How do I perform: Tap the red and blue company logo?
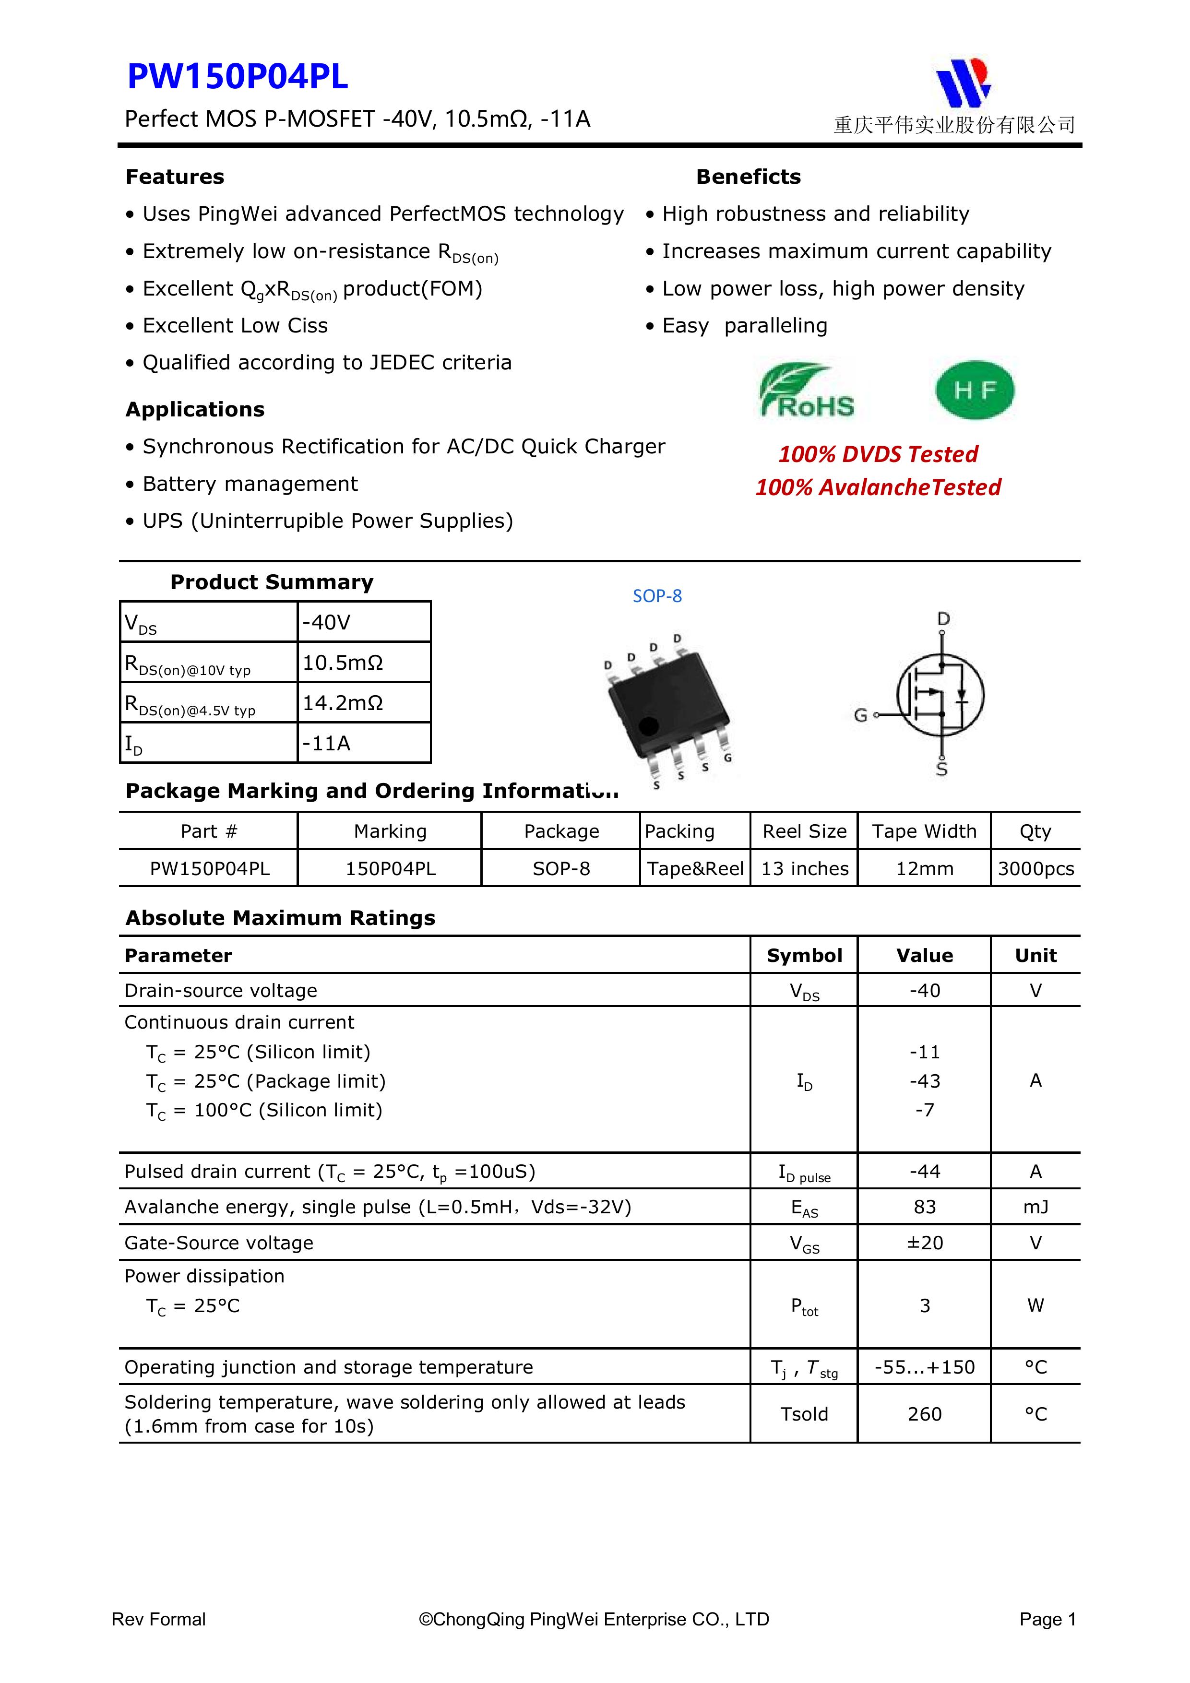(964, 83)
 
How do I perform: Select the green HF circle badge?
(975, 390)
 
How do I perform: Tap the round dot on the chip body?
(648, 726)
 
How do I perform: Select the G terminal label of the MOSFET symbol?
(861, 715)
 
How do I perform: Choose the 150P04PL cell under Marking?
(390, 869)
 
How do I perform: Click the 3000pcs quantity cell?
(1035, 869)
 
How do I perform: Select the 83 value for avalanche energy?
(925, 1207)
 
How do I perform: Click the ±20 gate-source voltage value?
(925, 1243)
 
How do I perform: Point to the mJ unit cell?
(1035, 1207)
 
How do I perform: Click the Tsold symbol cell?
(804, 1414)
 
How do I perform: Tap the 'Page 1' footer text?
(1047, 1619)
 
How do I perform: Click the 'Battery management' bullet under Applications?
(250, 484)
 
